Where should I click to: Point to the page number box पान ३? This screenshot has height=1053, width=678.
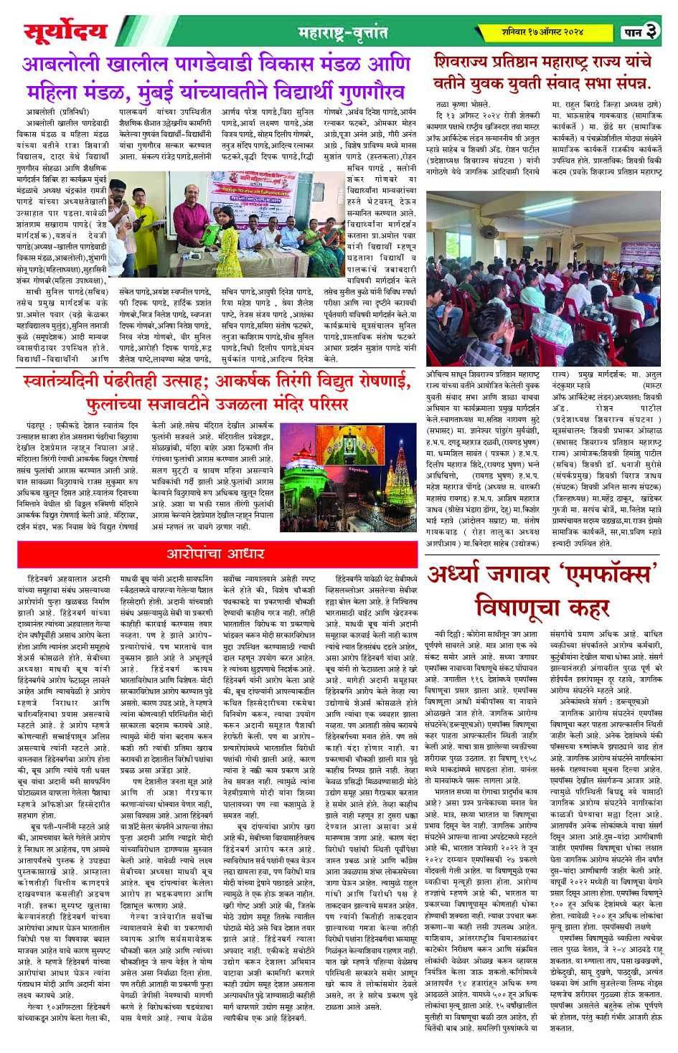(640, 32)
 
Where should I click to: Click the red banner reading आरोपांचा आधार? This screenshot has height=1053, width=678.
(217, 554)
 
